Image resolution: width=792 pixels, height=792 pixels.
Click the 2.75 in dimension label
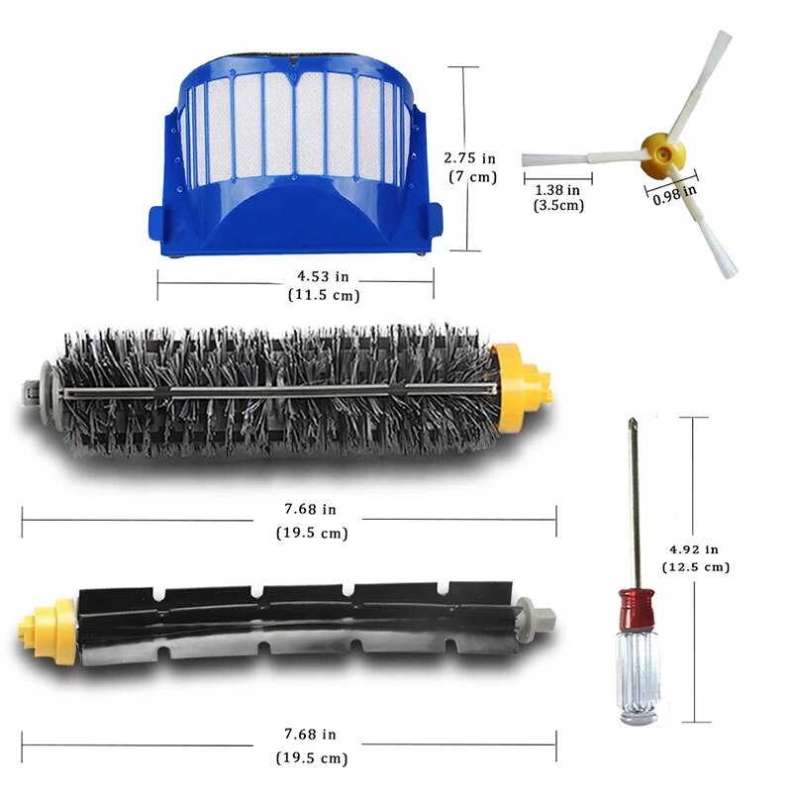click(x=470, y=157)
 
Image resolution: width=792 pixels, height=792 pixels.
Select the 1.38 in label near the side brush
click(x=556, y=188)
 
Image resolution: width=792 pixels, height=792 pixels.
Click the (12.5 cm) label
click(x=698, y=567)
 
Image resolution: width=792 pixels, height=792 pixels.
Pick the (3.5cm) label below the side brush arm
click(x=558, y=206)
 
